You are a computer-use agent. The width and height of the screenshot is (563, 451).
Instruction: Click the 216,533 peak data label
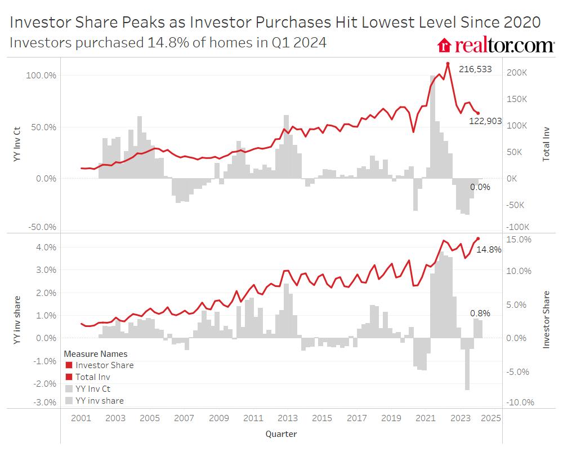point(475,69)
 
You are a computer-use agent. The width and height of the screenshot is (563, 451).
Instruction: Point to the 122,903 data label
point(485,121)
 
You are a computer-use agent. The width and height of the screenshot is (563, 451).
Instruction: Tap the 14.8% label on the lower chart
point(489,249)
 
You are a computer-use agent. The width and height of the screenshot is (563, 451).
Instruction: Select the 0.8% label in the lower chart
point(480,313)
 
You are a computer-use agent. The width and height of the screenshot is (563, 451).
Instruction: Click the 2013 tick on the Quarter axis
point(288,418)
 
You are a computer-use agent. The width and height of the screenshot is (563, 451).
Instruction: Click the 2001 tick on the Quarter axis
point(82,418)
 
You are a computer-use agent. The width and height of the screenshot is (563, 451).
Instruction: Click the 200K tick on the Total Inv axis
point(517,73)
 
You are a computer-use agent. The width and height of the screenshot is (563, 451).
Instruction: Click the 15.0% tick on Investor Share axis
point(519,239)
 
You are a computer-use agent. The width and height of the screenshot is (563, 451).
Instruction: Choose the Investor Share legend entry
point(105,365)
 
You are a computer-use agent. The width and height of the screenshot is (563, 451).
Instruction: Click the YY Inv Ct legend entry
point(93,389)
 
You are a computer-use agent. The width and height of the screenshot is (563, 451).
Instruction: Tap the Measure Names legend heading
point(96,354)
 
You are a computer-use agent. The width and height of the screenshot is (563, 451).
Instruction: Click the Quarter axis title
point(281,434)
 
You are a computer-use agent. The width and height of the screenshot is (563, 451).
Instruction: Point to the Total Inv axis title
point(546,144)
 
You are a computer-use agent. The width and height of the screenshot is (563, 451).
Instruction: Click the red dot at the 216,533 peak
point(448,64)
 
